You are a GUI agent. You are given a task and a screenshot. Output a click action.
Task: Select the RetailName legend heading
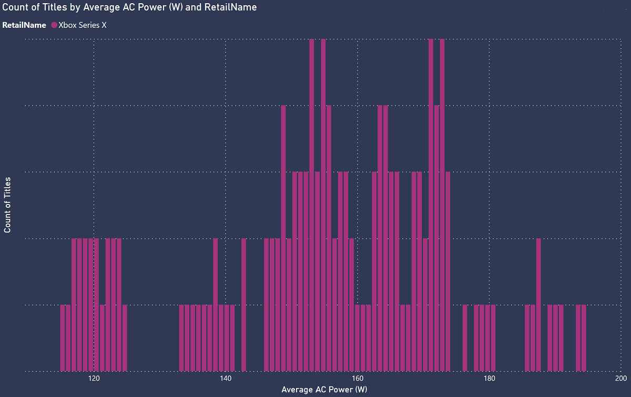click(24, 25)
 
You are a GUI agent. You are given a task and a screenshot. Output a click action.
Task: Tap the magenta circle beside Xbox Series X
click(54, 25)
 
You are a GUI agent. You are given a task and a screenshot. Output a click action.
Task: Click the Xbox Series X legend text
click(83, 25)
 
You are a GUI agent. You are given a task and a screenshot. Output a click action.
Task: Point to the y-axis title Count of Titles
click(8, 205)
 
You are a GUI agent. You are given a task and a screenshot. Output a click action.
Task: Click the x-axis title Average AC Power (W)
click(324, 390)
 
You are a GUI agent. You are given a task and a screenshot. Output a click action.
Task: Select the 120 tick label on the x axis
click(94, 378)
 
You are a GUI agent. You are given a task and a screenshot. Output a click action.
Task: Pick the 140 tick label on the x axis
click(226, 378)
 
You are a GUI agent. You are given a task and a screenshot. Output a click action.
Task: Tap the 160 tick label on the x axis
click(358, 378)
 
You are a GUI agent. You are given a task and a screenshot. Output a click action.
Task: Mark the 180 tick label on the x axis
click(490, 378)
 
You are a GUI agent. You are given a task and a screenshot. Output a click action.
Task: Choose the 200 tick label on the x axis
click(621, 378)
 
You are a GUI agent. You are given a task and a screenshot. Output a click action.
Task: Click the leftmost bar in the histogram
click(63, 338)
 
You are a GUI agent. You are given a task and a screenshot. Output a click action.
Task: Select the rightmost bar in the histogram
click(584, 338)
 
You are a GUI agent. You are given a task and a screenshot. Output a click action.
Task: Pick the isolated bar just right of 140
click(243, 305)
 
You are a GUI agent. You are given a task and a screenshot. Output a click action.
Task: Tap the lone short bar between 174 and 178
click(465, 338)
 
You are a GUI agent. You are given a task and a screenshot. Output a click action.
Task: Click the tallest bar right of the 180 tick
click(538, 305)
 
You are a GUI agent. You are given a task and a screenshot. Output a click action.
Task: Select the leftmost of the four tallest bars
click(312, 205)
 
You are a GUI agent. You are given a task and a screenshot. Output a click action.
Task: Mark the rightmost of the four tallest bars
click(442, 205)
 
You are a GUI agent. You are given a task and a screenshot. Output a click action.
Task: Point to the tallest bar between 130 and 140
click(216, 305)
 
